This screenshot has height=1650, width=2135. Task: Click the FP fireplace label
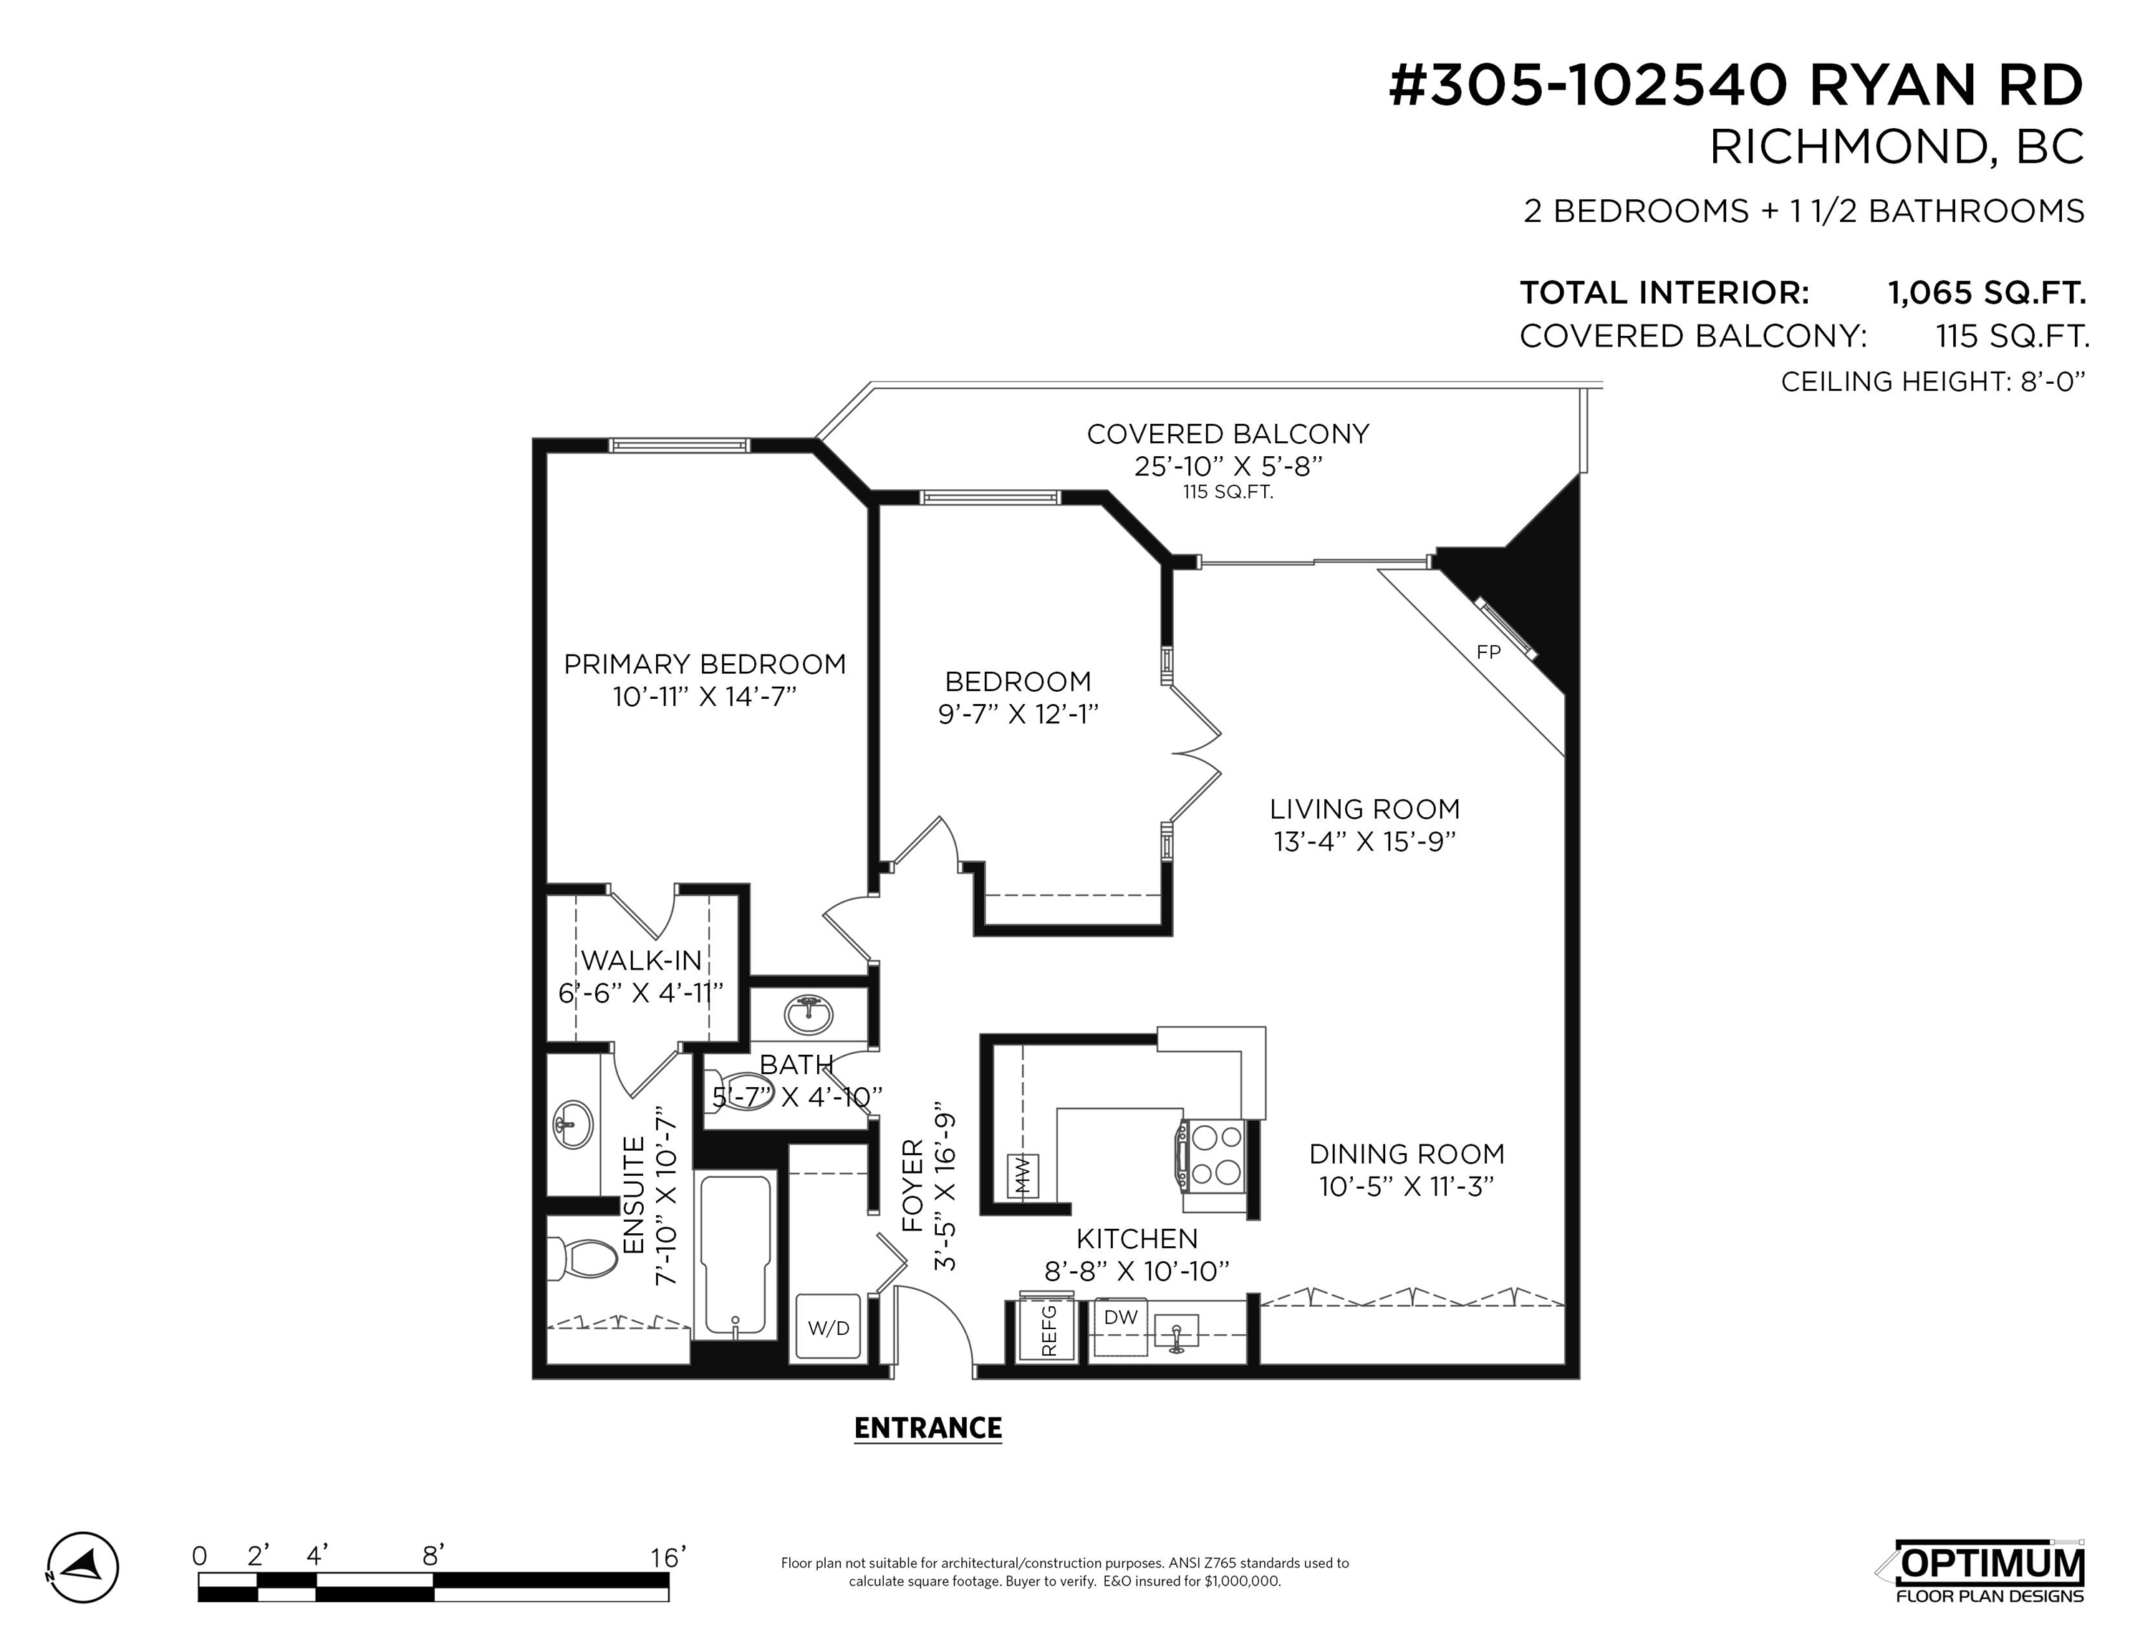point(1488,652)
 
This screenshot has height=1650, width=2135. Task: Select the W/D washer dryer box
point(828,1326)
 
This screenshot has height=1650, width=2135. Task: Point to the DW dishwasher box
point(1120,1326)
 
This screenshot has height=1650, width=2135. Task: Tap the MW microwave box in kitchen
point(1023,1176)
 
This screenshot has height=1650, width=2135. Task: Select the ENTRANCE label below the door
point(927,1428)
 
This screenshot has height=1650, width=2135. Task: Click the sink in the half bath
point(809,1015)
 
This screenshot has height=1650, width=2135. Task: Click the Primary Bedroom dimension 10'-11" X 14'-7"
point(704,697)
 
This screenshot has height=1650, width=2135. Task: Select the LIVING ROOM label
point(1364,809)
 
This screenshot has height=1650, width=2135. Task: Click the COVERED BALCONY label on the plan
point(1228,434)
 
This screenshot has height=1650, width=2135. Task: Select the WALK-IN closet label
point(641,960)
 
